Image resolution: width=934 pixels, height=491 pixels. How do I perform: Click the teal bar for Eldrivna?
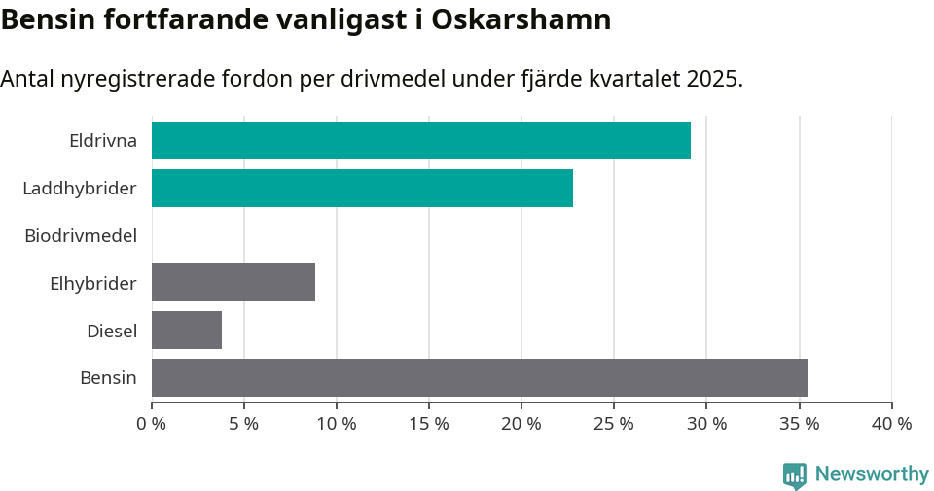(420, 140)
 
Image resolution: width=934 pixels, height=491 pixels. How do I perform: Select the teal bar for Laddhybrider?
(362, 188)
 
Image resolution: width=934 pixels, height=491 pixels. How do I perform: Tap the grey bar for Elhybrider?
(233, 282)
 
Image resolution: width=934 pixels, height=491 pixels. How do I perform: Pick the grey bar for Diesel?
(187, 330)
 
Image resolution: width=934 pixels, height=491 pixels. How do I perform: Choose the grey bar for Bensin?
(479, 377)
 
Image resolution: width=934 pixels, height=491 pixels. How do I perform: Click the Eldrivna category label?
(103, 140)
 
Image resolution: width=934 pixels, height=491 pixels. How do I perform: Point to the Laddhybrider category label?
(80, 188)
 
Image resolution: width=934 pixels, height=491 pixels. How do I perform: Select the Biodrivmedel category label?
(81, 235)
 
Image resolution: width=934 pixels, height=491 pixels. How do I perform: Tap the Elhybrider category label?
(93, 283)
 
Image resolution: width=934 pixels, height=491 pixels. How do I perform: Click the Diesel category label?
(112, 331)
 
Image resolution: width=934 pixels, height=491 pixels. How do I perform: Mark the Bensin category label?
(108, 377)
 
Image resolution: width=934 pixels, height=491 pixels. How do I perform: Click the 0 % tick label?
(151, 424)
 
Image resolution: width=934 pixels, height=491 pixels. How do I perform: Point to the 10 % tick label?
(336, 424)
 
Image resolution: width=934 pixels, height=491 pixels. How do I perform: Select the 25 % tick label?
(613, 424)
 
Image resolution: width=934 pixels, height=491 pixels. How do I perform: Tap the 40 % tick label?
(891, 424)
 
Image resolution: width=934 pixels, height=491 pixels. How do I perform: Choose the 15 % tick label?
(428, 424)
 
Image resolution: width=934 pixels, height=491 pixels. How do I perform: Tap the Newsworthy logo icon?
(795, 475)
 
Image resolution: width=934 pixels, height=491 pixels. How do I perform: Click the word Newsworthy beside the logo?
(872, 474)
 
